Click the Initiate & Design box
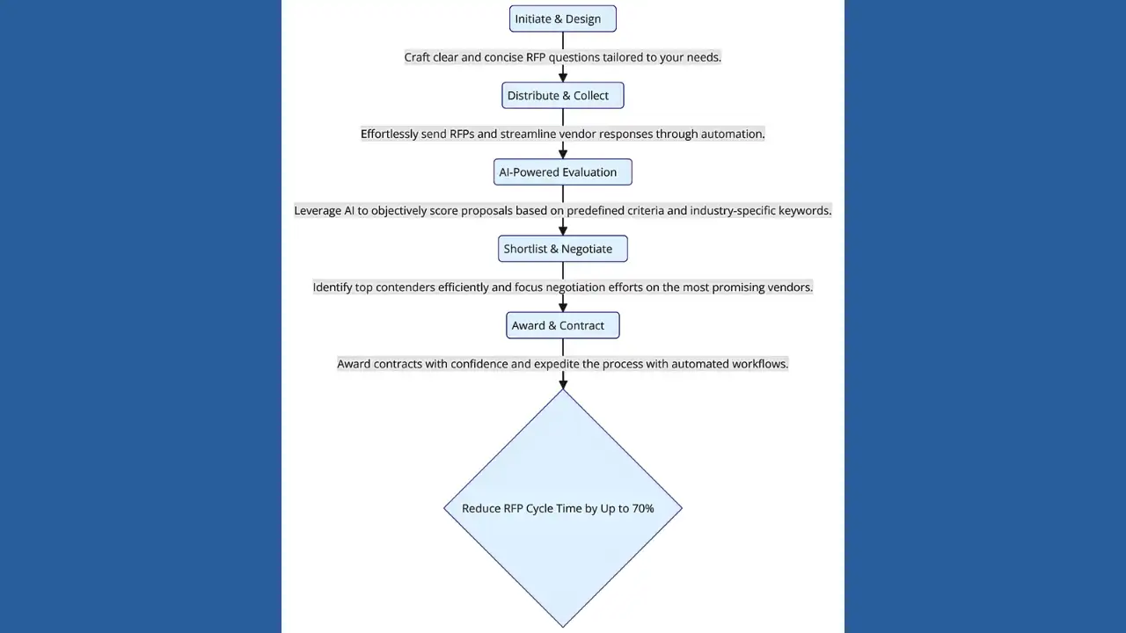[562, 19]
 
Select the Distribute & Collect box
[562, 96]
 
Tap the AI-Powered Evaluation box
[562, 172]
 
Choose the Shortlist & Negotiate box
[562, 249]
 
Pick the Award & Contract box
[562, 325]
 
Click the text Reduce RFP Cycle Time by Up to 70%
[558, 508]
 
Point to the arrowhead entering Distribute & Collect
[563, 77]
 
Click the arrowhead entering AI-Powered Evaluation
[563, 154]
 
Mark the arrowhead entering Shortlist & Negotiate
[563, 230]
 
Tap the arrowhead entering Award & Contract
[563, 307]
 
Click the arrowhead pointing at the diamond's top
[563, 382]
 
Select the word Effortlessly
[389, 134]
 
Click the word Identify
[333, 287]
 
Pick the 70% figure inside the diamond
[643, 508]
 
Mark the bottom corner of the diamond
[563, 625]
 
